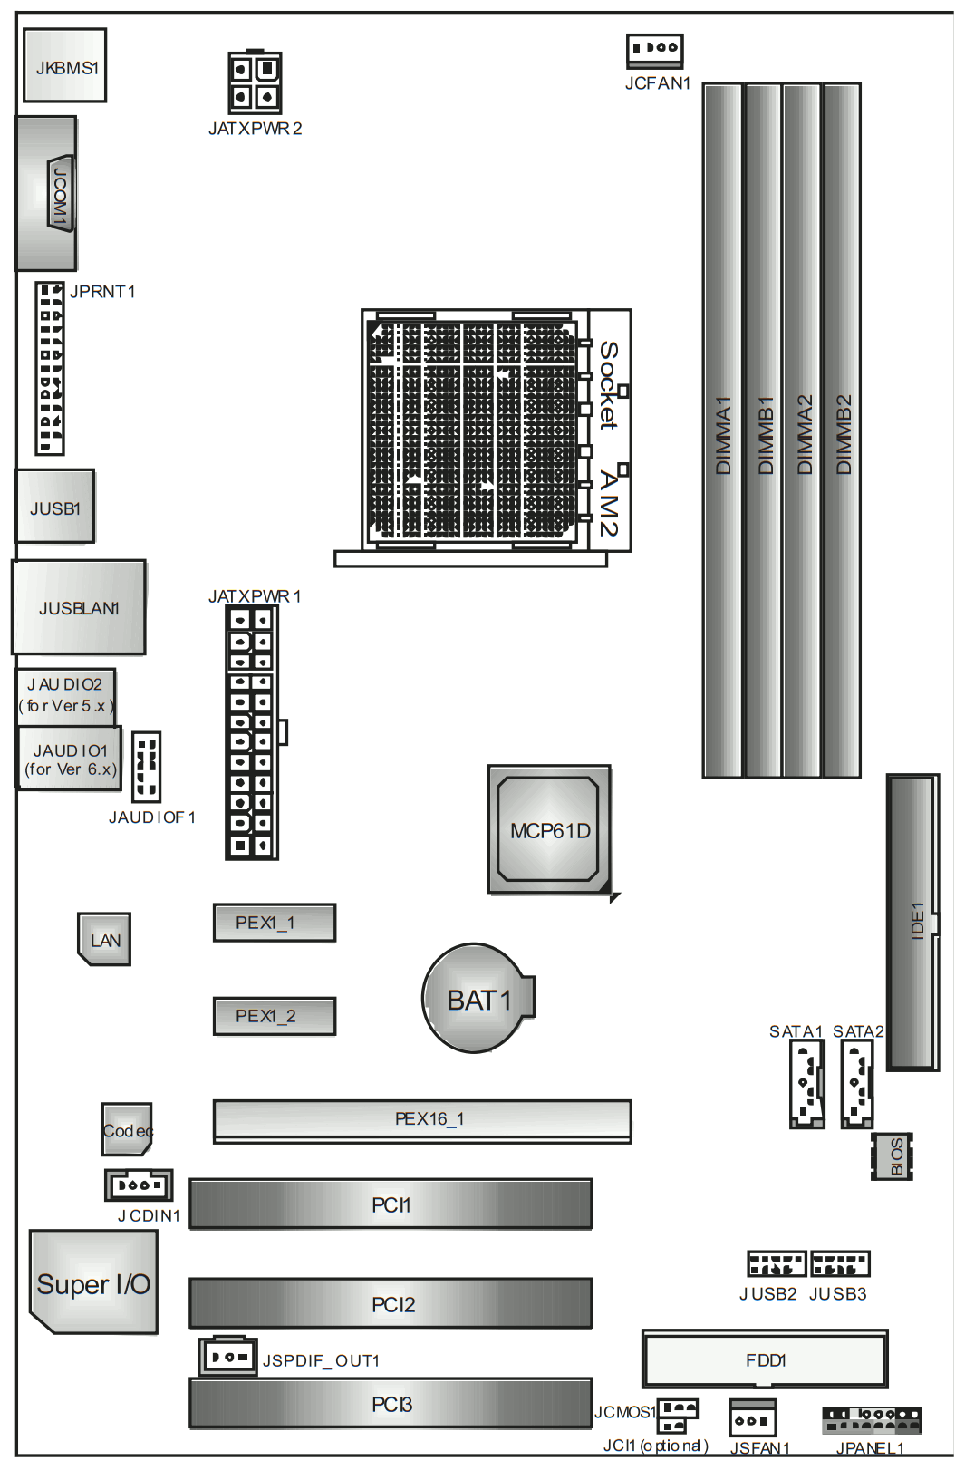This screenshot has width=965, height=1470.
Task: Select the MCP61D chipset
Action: (x=550, y=829)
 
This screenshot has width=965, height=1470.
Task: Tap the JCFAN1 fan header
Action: (x=654, y=51)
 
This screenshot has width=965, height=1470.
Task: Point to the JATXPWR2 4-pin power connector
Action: (x=255, y=82)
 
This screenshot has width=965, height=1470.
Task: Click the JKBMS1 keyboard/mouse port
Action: (x=65, y=65)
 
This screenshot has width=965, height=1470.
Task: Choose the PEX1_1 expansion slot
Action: (x=275, y=923)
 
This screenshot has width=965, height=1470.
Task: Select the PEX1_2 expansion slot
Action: (x=275, y=1016)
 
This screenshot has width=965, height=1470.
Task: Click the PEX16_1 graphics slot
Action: (x=422, y=1121)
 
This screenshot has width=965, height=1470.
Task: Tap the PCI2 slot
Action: (x=391, y=1304)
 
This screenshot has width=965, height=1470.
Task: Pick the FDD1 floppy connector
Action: (x=765, y=1359)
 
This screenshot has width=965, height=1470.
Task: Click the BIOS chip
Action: (x=892, y=1156)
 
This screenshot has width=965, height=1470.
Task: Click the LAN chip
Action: (x=103, y=939)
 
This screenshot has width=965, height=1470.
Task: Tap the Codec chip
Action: (x=127, y=1129)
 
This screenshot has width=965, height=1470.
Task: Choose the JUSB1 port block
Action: (x=55, y=506)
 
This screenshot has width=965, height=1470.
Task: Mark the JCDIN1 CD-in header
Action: (x=139, y=1185)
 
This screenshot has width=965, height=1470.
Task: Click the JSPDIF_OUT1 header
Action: (x=227, y=1357)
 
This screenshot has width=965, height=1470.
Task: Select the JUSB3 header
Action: (x=840, y=1263)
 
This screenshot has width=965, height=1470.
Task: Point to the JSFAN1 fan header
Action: (x=752, y=1418)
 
